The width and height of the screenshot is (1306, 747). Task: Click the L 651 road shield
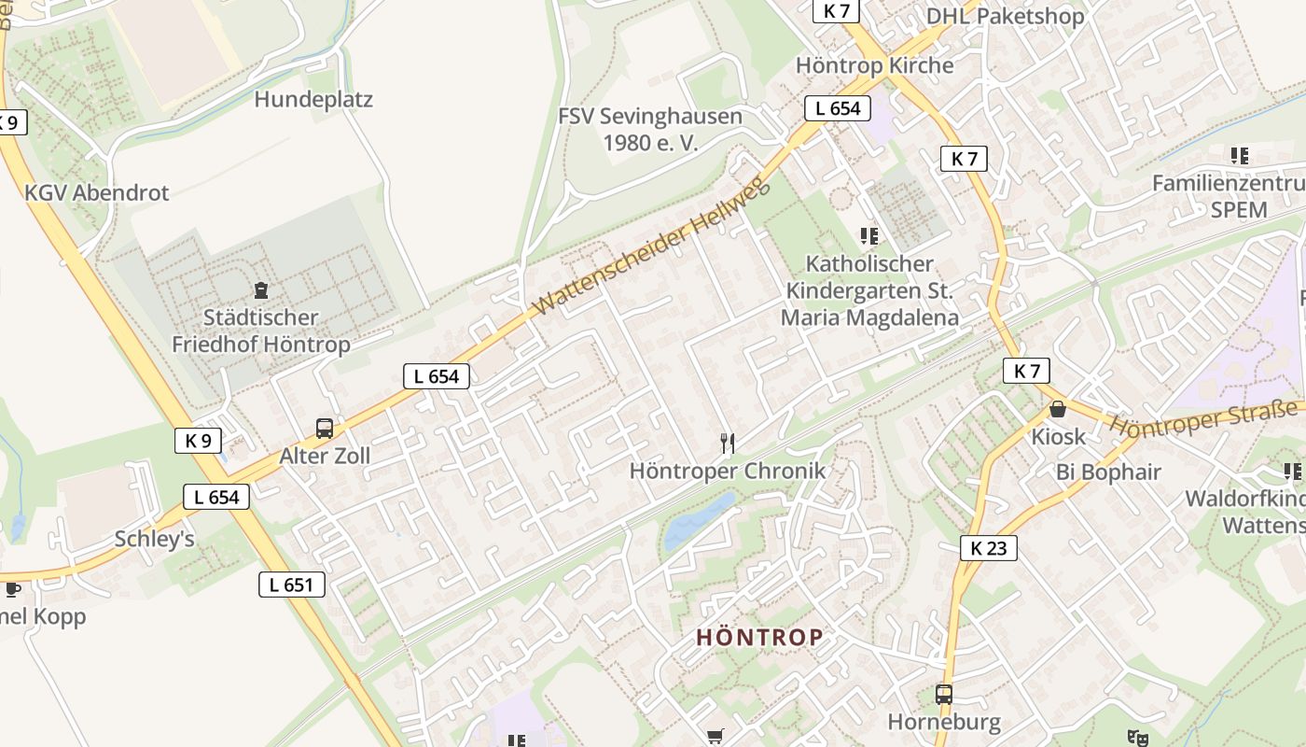[x=291, y=585]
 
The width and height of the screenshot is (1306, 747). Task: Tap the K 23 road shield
[x=988, y=548]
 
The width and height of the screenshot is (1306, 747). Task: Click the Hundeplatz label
[x=313, y=99]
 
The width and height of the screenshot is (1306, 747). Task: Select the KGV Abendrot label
[x=97, y=193]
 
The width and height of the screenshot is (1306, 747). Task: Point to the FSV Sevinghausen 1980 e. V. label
[x=650, y=129]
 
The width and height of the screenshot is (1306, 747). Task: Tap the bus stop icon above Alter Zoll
[x=325, y=429]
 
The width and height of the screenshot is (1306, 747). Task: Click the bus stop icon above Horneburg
[x=944, y=695]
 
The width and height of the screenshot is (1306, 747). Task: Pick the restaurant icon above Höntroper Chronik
[x=728, y=443]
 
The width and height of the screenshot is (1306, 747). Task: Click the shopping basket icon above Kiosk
[x=1058, y=409]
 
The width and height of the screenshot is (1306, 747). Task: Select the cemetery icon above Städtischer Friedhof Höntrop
[x=261, y=290]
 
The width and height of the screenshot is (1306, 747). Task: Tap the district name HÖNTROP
[x=760, y=638]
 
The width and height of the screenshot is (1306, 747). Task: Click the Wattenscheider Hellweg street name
[x=653, y=247]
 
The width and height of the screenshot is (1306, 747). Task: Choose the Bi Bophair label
[x=1108, y=472]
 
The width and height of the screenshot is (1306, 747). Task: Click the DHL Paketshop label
[x=1005, y=16]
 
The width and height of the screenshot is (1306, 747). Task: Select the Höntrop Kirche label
[x=874, y=65]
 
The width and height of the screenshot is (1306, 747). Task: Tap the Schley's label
[x=154, y=539]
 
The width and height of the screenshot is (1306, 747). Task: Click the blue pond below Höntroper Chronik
[x=699, y=522]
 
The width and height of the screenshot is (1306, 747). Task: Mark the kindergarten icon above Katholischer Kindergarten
[x=869, y=236]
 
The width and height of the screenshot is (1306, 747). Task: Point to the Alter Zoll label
[x=325, y=456]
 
